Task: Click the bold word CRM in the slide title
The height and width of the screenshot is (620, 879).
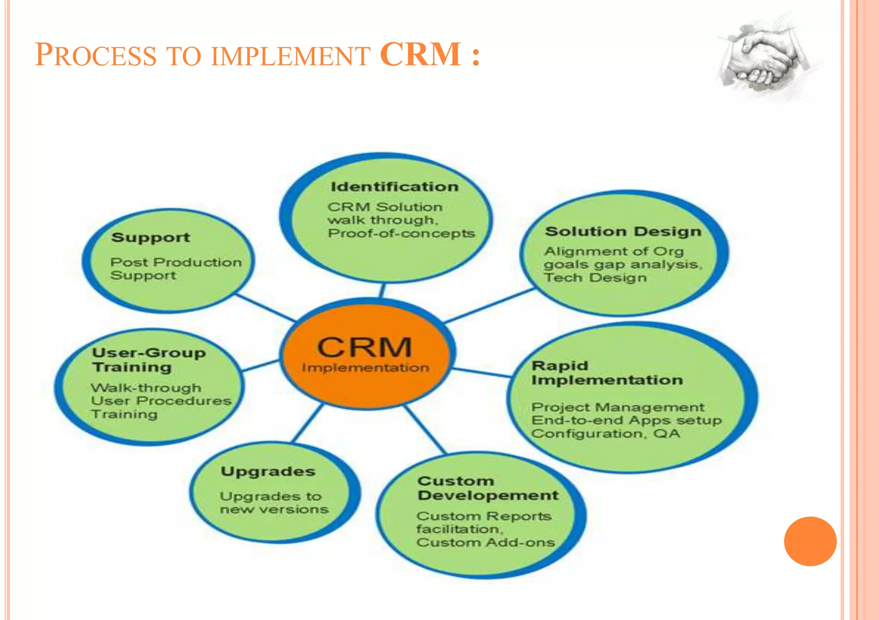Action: pyautogui.click(x=420, y=54)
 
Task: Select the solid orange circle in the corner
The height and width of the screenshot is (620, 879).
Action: pyautogui.click(x=810, y=541)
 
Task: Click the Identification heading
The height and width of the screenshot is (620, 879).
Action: pyautogui.click(x=394, y=187)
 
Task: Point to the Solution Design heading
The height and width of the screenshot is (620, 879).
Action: pyautogui.click(x=623, y=232)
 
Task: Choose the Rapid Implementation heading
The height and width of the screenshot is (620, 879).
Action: pyautogui.click(x=606, y=373)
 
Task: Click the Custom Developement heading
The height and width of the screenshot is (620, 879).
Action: pyautogui.click(x=488, y=488)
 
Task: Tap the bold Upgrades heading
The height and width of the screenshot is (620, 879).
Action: pyautogui.click(x=268, y=472)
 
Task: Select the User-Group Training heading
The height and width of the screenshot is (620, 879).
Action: pyautogui.click(x=149, y=360)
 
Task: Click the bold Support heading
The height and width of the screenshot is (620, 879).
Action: pyautogui.click(x=150, y=238)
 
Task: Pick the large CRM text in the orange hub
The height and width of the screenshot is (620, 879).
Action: pyautogui.click(x=364, y=347)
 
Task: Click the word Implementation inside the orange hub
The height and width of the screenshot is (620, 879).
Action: pyautogui.click(x=365, y=368)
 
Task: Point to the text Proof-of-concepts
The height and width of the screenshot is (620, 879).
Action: pyautogui.click(x=401, y=233)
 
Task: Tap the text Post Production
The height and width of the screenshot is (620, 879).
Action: pyautogui.click(x=176, y=262)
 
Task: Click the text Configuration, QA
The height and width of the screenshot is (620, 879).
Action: pyautogui.click(x=606, y=434)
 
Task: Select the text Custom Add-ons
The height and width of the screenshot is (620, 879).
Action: pyautogui.click(x=485, y=542)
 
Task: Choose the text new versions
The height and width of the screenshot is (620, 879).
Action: pyautogui.click(x=274, y=509)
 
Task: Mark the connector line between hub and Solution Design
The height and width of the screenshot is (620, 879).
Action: pyautogui.click(x=489, y=305)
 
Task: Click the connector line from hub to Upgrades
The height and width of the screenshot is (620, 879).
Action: pyautogui.click(x=307, y=423)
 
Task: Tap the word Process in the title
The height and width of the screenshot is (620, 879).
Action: pyautogui.click(x=95, y=55)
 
